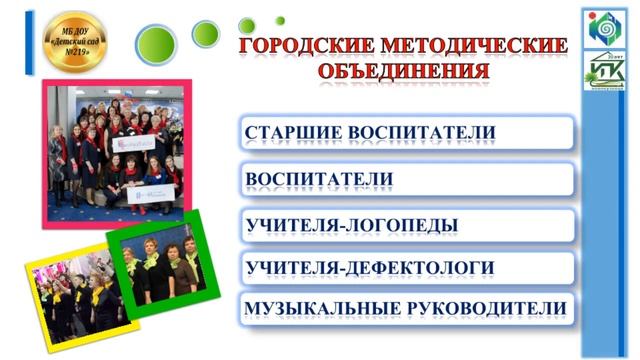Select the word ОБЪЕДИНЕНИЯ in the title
pos(404,71)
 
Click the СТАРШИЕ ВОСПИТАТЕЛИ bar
pos(406,132)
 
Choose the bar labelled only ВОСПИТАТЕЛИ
pos(406,179)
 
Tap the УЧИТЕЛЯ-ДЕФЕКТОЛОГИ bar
pos(406,268)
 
